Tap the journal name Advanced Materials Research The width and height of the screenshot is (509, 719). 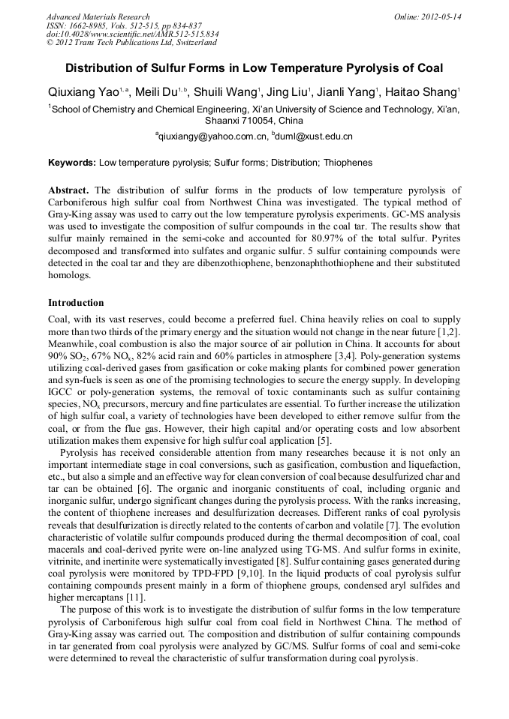point(98,16)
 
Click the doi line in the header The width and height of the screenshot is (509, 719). point(132,34)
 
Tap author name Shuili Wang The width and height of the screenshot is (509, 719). point(227,92)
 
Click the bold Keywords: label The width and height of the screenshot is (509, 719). point(72,162)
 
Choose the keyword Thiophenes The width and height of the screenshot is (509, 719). point(348,162)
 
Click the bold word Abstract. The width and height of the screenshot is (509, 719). point(68,190)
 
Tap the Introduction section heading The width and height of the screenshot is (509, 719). point(76,303)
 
